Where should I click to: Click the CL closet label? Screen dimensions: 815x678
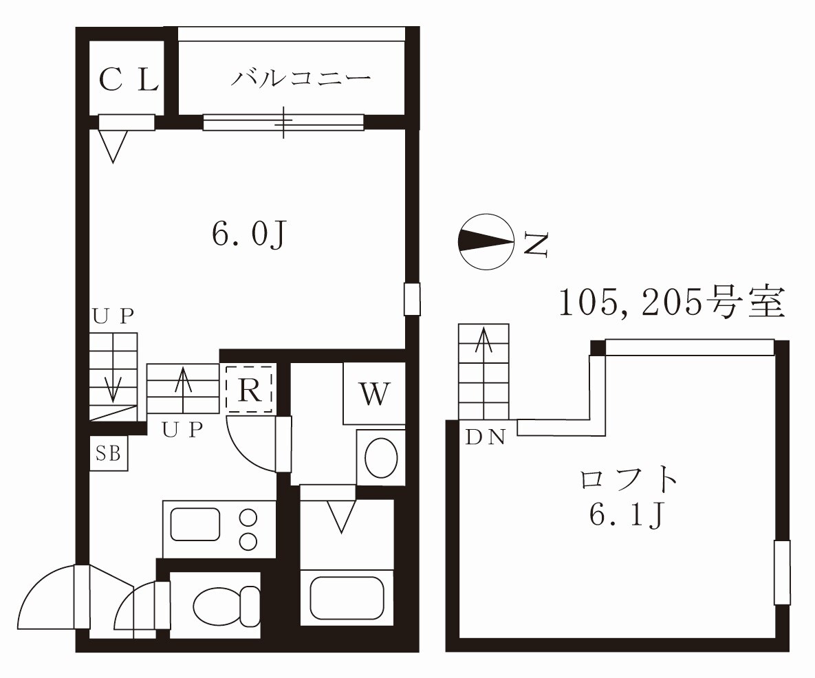[129, 80]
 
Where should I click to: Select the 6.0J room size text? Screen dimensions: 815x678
[249, 235]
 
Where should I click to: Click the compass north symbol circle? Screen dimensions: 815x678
[486, 241]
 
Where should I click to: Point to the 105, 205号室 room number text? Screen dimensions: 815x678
[671, 303]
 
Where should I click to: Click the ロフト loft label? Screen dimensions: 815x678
[629, 479]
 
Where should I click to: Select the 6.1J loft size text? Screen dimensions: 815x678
[627, 515]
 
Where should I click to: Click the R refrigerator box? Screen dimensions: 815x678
[250, 389]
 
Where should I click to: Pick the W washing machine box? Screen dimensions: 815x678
[374, 393]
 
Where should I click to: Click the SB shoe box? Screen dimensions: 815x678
[109, 454]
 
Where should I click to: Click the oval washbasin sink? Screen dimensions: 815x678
[382, 457]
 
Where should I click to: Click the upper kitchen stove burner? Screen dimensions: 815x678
[248, 518]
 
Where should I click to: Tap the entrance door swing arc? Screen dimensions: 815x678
[36, 582]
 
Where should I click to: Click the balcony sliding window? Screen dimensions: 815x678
[283, 122]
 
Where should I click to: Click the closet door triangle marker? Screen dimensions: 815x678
[113, 146]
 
